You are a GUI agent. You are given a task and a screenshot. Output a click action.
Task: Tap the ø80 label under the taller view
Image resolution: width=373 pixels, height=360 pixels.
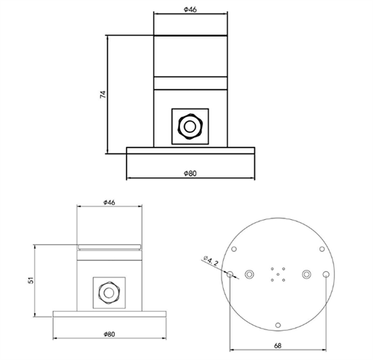190,174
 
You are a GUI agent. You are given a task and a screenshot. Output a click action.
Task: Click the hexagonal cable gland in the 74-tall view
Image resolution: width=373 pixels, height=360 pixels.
190,126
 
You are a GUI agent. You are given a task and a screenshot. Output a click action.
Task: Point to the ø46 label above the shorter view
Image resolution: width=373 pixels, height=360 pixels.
109,202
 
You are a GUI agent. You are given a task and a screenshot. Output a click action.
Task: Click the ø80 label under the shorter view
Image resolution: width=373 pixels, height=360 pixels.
109,335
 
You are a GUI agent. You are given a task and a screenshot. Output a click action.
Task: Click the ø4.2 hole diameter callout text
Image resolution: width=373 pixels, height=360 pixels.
210,262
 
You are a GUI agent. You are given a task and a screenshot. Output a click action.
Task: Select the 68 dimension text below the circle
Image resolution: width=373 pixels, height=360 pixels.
278,345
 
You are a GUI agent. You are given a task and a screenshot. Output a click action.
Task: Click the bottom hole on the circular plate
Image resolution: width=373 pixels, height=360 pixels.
278,324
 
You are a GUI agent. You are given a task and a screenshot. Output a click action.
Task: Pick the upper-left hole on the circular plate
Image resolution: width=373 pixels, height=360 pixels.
234,250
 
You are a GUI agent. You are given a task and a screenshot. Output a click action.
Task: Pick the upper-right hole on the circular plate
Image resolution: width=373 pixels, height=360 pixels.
321,250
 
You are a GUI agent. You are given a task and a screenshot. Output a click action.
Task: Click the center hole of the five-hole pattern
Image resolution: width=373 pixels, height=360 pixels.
278,274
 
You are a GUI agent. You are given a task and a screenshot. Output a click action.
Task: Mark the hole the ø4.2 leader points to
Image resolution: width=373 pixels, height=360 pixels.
230,274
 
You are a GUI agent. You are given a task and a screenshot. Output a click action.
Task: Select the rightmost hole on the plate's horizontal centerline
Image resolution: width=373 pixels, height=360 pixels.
326,274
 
